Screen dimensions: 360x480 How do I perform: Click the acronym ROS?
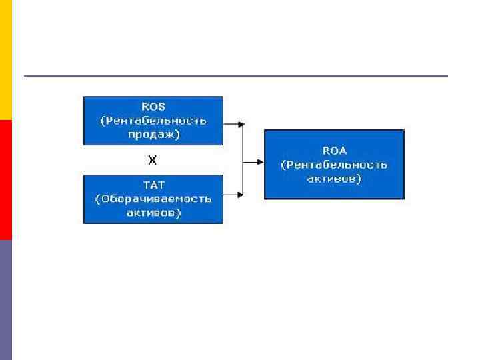(153, 107)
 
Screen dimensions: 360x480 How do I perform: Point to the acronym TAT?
(153, 185)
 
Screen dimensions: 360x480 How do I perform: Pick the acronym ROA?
(334, 151)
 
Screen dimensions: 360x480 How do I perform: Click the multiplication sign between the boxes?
(153, 160)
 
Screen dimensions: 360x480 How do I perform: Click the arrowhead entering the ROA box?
(260, 160)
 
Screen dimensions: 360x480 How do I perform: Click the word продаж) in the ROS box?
(153, 134)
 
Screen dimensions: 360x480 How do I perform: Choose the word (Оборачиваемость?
(153, 199)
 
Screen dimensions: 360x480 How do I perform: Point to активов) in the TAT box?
(153, 213)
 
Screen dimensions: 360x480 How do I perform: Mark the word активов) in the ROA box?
(334, 179)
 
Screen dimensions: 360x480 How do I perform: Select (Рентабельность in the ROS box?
(153, 121)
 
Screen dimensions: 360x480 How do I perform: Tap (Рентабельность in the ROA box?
(334, 165)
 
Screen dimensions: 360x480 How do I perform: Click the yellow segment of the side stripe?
(6, 60)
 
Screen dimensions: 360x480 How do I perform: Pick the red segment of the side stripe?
(6, 180)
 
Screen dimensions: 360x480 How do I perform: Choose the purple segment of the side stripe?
(6, 300)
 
